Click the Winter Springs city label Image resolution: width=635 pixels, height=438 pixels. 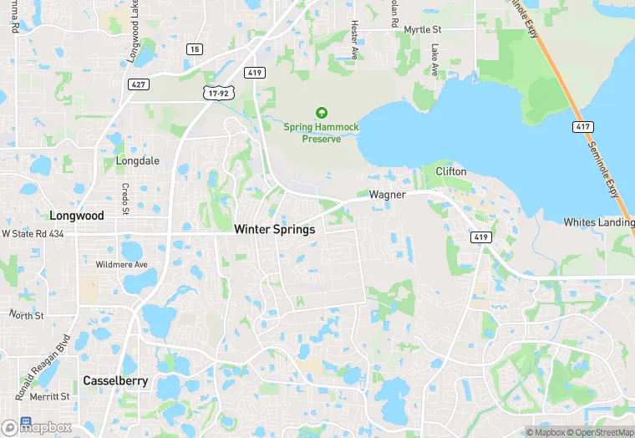(x=274, y=229)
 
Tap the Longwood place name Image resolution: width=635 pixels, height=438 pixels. (x=76, y=216)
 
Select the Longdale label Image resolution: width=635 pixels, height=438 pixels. (x=138, y=160)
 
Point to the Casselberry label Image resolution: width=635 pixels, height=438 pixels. (x=115, y=380)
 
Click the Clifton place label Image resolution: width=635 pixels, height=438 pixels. (x=451, y=171)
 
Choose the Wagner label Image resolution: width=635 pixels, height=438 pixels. (x=387, y=195)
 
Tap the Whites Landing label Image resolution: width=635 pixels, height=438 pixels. (x=597, y=222)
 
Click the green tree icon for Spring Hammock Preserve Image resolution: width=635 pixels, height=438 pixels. (x=321, y=113)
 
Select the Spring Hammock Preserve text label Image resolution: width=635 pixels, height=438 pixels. (x=321, y=133)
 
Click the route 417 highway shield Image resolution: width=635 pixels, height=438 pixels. (x=582, y=127)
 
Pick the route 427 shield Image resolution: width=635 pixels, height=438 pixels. (x=138, y=84)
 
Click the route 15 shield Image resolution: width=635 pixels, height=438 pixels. (x=195, y=49)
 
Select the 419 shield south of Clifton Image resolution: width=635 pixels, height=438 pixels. (x=480, y=237)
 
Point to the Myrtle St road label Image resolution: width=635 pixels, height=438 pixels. (x=422, y=29)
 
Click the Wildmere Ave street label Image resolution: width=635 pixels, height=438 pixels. (x=121, y=265)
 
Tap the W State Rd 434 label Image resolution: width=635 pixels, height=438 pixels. (x=33, y=234)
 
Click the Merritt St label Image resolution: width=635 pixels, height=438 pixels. (x=49, y=396)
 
